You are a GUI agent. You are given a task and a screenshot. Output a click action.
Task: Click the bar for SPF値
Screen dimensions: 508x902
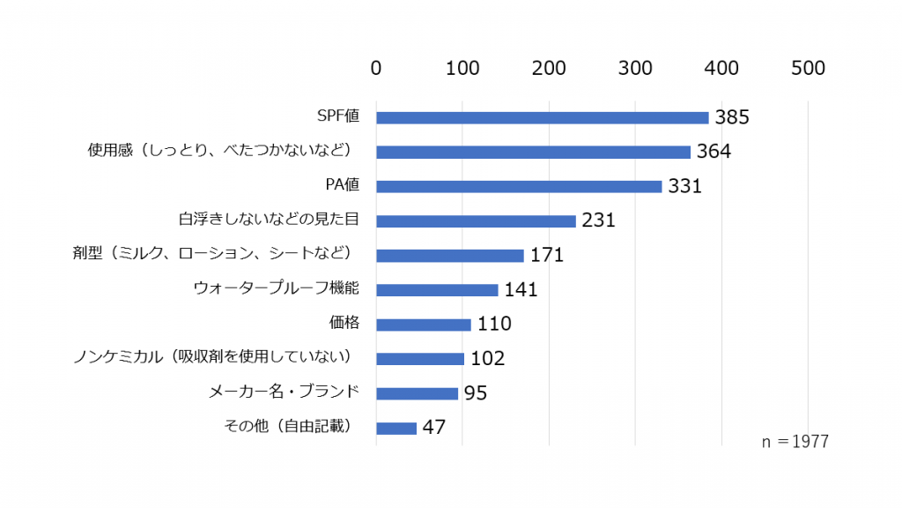tap(542, 117)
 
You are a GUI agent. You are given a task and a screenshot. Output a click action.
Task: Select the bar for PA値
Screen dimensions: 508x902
tap(519, 186)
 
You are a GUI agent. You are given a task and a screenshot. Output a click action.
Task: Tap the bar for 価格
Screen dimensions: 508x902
tap(424, 325)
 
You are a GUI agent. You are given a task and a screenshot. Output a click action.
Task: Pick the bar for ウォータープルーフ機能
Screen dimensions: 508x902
tap(437, 290)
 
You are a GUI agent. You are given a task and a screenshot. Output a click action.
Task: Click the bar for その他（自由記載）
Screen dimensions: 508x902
tap(396, 428)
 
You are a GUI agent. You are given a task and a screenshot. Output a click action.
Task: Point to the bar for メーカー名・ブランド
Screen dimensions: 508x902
tap(417, 393)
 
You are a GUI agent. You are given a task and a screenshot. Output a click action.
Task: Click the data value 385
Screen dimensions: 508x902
tap(732, 118)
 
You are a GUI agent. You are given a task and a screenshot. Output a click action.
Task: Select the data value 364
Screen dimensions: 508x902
tap(713, 152)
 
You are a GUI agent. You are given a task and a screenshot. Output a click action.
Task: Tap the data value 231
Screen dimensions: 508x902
tap(598, 220)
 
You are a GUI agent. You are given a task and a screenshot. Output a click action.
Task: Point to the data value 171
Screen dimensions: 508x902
tap(546, 256)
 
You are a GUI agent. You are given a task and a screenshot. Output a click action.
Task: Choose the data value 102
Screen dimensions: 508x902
tap(487, 359)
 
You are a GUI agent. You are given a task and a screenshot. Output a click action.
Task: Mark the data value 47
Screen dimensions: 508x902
tap(433, 428)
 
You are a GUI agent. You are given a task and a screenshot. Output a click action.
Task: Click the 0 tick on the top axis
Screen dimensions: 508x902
tap(376, 68)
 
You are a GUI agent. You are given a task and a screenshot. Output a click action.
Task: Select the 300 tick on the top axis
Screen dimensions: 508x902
tap(636, 68)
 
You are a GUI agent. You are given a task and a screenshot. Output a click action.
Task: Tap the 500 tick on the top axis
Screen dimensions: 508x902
tap(808, 68)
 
